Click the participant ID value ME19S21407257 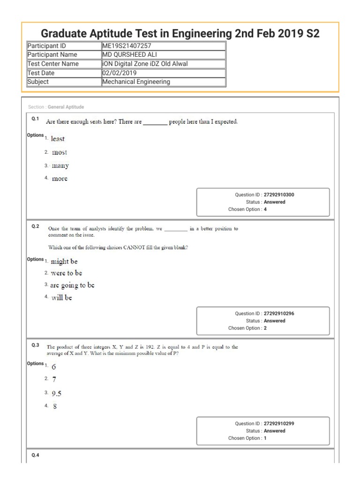click(125, 46)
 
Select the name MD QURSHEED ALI click(128, 55)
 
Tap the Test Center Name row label click(53, 64)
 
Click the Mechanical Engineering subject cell click(136, 82)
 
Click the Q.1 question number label click(35, 119)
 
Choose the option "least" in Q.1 click(58, 139)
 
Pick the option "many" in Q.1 click(60, 165)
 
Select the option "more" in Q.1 click(60, 179)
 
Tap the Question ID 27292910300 click(279, 195)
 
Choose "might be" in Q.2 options click(64, 261)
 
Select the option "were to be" click(67, 273)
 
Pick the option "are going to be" click(73, 285)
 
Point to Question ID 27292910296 click(279, 314)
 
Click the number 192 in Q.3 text click(139, 347)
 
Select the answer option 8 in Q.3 click(55, 406)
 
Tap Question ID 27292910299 click(279, 423)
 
